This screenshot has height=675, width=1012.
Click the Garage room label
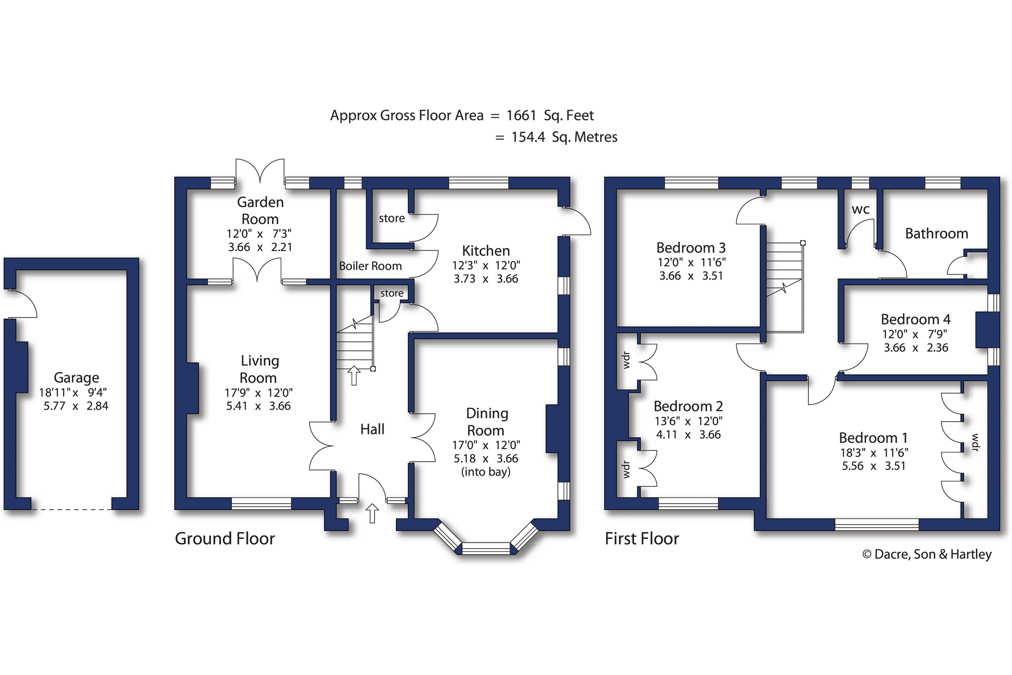click(x=76, y=378)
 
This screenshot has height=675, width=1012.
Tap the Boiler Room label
click(x=370, y=266)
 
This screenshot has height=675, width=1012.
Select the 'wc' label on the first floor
click(x=861, y=210)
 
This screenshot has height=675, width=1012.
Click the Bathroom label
click(x=936, y=233)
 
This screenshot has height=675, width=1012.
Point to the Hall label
click(x=372, y=429)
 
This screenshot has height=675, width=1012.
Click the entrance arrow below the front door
click(x=372, y=514)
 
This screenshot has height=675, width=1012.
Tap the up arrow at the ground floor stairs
click(x=354, y=375)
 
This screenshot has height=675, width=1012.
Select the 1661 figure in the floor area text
click(x=521, y=115)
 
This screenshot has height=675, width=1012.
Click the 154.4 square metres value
click(x=528, y=137)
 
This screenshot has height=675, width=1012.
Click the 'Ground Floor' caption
click(x=225, y=539)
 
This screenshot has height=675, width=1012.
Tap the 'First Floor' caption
click(x=642, y=539)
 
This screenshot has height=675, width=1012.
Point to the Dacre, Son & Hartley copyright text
click(x=927, y=554)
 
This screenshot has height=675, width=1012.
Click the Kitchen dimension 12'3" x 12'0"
click(x=486, y=265)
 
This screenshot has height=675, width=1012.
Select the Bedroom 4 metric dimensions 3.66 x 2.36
click(x=916, y=348)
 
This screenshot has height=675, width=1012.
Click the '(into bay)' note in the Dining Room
click(x=486, y=472)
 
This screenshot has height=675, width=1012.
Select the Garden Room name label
click(x=260, y=211)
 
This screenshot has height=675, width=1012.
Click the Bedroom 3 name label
click(x=691, y=248)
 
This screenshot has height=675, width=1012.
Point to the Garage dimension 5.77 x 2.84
click(x=76, y=406)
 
